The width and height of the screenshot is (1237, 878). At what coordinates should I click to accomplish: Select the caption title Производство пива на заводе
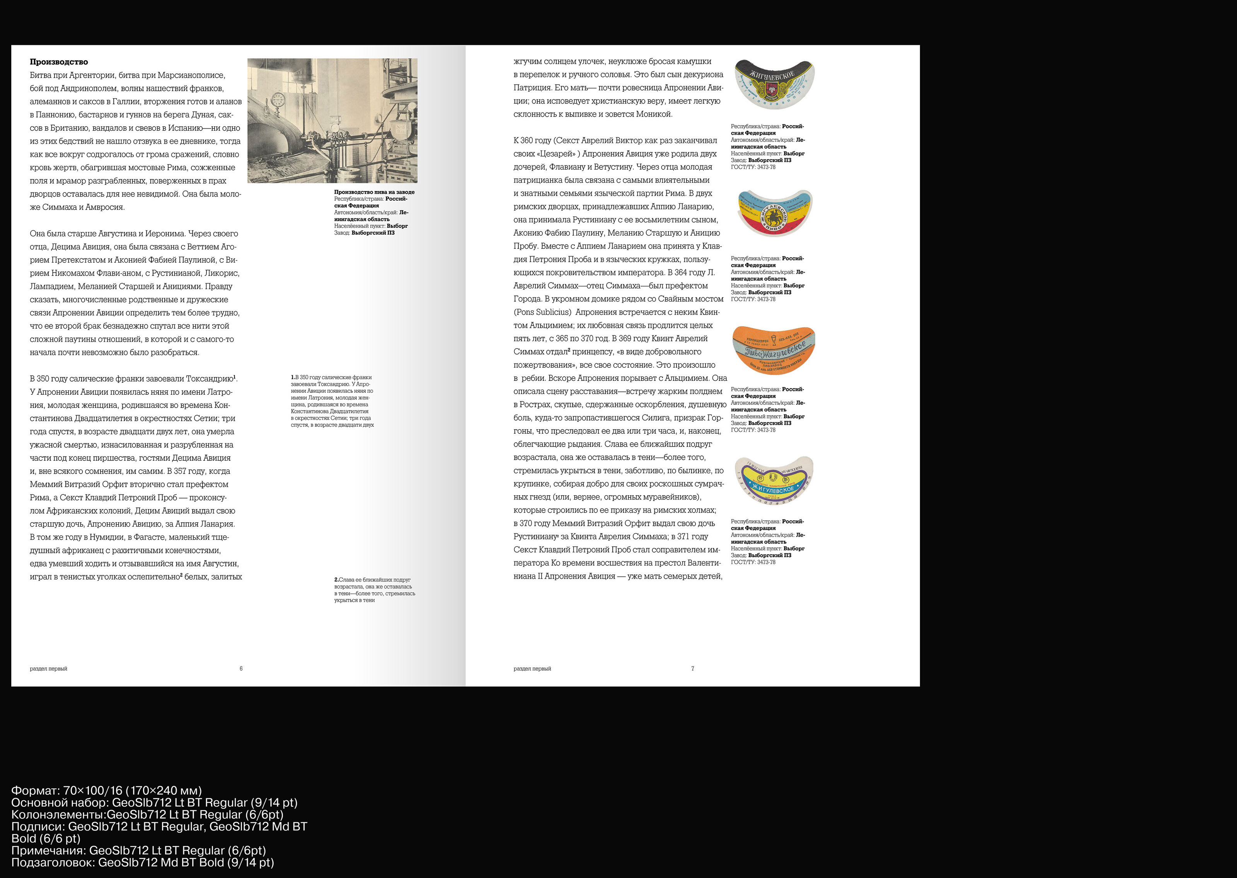pos(374,192)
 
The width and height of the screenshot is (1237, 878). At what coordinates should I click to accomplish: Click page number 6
pos(241,669)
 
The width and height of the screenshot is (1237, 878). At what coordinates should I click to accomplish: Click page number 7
pos(692,669)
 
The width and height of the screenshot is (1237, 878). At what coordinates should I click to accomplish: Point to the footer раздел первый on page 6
pos(49,669)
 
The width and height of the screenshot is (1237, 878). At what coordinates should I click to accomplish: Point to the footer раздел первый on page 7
pos(532,669)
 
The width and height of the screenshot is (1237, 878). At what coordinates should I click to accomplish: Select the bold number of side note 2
pos(336,580)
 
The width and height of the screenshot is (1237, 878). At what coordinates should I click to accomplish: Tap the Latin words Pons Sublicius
pos(542,312)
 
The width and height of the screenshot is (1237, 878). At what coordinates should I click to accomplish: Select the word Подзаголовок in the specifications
pos(51,862)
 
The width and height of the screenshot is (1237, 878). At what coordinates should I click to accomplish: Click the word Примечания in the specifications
pos(48,851)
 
